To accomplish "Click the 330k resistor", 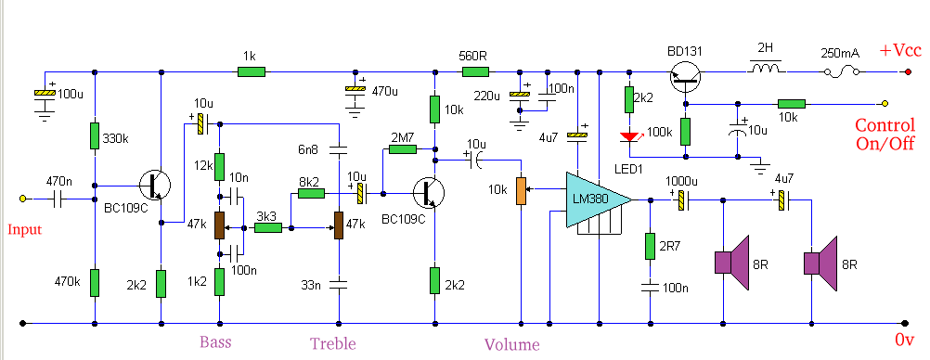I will (95, 135).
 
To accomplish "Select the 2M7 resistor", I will (402, 148).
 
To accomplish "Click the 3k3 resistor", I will (268, 226).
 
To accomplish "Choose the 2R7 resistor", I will (649, 246).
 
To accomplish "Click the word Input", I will (25, 229).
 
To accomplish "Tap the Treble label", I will (332, 343).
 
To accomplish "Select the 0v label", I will (906, 341).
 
